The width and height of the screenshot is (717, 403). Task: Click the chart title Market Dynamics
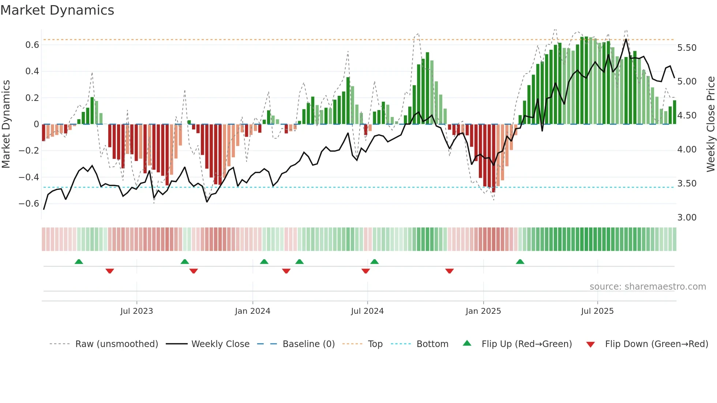click(x=57, y=10)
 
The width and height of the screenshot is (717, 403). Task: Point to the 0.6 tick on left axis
click(x=32, y=45)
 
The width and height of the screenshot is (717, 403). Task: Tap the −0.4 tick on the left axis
click(x=29, y=177)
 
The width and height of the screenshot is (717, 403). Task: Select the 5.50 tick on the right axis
click(x=687, y=48)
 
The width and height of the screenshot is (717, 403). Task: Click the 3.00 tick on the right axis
click(x=687, y=218)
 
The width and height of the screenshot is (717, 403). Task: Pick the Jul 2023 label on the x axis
click(x=136, y=311)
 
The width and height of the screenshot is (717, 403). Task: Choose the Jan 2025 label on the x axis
click(x=483, y=311)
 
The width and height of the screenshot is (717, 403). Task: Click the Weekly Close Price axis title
click(x=710, y=124)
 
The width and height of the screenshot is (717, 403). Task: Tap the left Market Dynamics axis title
click(x=6, y=124)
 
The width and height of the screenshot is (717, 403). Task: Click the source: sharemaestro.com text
click(x=647, y=287)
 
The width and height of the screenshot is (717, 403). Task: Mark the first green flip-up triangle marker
click(x=79, y=261)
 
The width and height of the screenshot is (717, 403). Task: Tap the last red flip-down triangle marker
click(x=450, y=271)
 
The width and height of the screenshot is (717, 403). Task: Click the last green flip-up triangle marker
click(x=520, y=261)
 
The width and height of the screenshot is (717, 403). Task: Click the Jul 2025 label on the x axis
click(x=597, y=311)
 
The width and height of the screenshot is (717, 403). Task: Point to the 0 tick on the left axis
click(x=36, y=124)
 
